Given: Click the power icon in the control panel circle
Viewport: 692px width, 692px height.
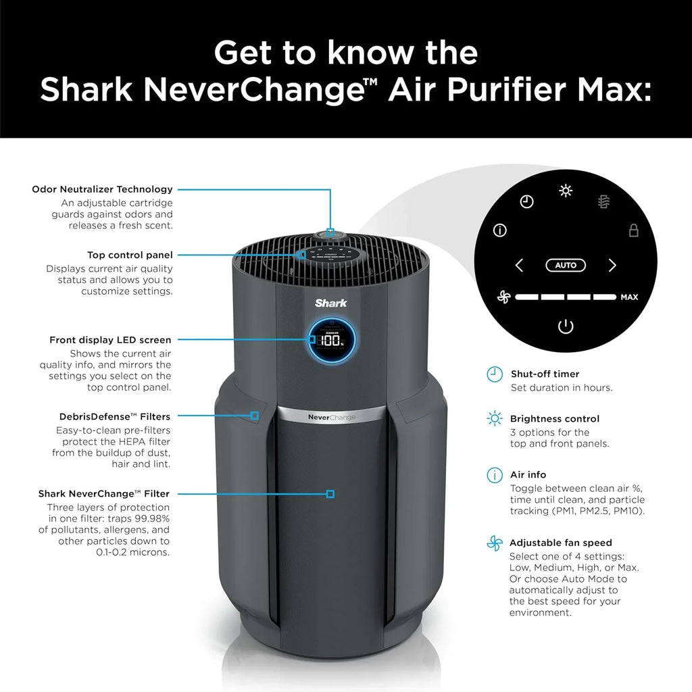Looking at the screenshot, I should click(565, 327).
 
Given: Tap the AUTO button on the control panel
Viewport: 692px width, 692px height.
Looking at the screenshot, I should click(565, 266).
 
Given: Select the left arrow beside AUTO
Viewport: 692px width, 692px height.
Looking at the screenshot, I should click(519, 266).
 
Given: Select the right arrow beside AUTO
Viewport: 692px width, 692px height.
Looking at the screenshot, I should click(612, 266).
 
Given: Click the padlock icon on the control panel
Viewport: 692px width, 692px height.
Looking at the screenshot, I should click(633, 230).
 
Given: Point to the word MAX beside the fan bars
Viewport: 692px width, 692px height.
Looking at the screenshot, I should click(629, 297).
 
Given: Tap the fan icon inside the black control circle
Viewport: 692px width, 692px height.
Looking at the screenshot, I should click(503, 297).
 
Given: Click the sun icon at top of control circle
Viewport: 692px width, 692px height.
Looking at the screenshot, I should click(566, 191).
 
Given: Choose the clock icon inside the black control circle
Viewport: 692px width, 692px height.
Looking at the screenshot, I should click(527, 202).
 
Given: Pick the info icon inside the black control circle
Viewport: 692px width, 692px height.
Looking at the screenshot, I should click(500, 230).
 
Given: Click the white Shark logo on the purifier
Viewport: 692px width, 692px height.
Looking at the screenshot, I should click(331, 303).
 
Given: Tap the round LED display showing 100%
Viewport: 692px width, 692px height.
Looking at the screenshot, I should click(331, 340).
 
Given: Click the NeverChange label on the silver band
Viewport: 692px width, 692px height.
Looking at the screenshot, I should click(331, 418).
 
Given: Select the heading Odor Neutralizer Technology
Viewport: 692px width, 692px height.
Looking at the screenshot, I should click(102, 189).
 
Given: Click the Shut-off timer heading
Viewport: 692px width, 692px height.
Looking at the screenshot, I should click(545, 374).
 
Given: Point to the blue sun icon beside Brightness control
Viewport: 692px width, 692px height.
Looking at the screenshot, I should click(495, 419).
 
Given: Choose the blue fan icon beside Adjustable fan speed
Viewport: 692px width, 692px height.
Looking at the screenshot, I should click(495, 543).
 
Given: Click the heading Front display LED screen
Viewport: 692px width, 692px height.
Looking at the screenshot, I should click(110, 340).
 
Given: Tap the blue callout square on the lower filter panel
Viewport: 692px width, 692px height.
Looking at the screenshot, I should click(330, 494).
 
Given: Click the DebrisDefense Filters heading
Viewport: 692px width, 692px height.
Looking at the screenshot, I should click(115, 416).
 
